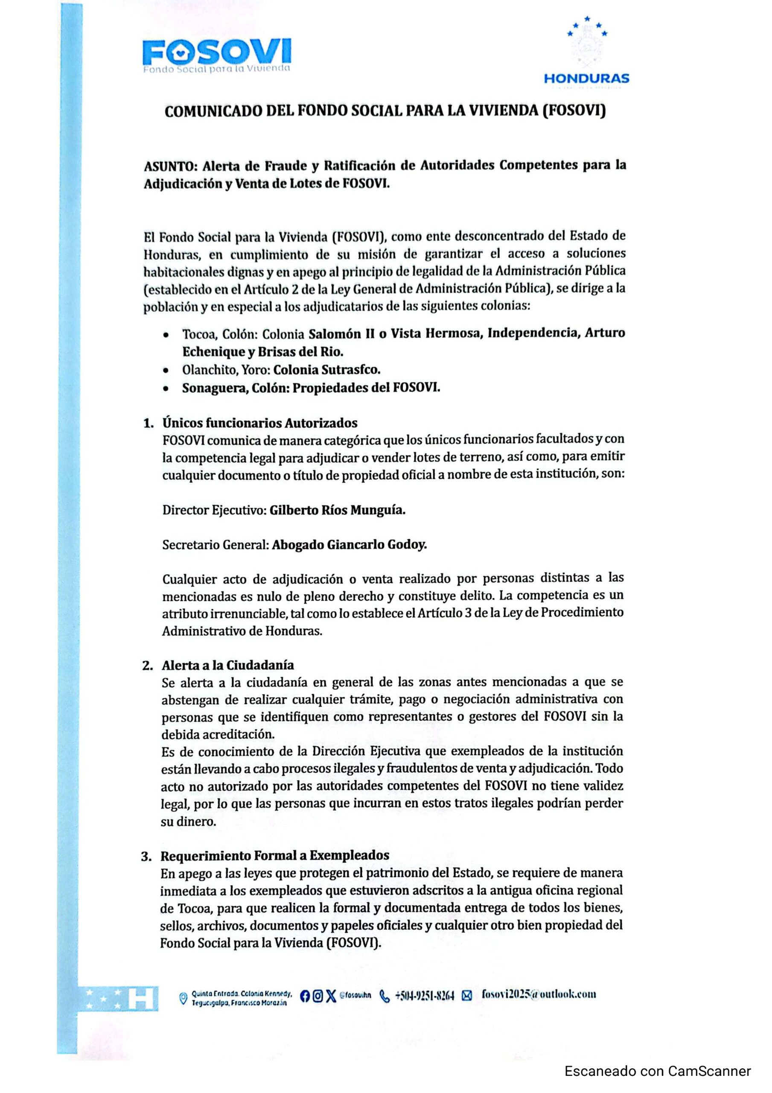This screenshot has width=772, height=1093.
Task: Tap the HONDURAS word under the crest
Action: tap(586, 79)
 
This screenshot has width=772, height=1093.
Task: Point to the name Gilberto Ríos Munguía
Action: tap(338, 510)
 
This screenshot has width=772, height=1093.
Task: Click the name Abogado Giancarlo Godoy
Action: tap(349, 545)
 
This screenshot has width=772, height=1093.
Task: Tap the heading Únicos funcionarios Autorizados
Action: tap(260, 423)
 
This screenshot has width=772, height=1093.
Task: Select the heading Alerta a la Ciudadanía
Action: tap(227, 665)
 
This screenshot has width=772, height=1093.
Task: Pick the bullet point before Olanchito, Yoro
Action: tap(165, 370)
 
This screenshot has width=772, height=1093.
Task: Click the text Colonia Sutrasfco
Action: tap(326, 370)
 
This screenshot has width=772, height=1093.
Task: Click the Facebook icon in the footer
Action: tap(305, 996)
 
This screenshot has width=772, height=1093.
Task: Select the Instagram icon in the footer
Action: tap(318, 996)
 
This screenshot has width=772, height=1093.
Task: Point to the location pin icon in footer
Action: tap(183, 998)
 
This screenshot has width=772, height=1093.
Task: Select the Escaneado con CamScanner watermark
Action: tap(657, 1072)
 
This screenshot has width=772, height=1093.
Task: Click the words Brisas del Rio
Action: tap(300, 352)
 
